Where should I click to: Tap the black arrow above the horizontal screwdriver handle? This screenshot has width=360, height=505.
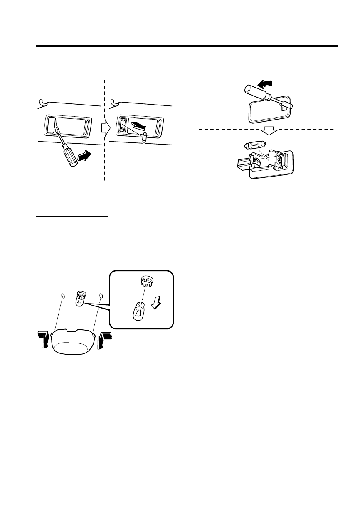[264, 85]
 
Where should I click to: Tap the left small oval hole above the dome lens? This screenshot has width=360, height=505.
[63, 296]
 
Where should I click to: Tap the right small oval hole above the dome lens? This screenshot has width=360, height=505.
[101, 296]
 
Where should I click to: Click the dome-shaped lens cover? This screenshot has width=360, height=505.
[73, 341]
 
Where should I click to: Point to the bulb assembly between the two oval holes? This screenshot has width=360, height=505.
[80, 299]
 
